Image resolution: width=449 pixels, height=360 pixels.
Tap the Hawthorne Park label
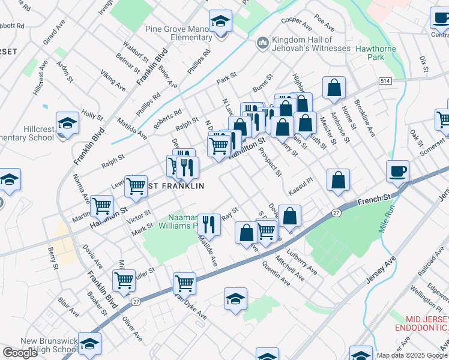(378, 53)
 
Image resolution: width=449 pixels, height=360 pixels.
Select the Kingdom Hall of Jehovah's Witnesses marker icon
(262, 43)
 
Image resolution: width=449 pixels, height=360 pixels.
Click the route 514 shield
(385, 80)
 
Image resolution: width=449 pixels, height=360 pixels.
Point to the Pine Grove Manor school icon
(221, 23)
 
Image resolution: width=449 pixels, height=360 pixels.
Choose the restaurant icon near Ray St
(209, 225)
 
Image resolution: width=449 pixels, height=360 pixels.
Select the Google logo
(20, 353)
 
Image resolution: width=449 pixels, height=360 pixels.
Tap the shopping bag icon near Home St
(333, 88)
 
